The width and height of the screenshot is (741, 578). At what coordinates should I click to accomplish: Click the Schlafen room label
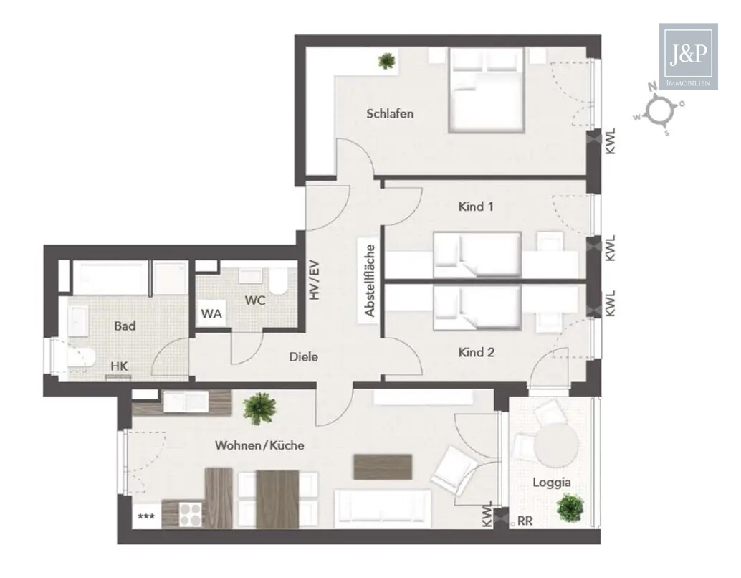[390, 113]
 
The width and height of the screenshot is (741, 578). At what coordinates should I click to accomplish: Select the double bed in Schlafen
[486, 90]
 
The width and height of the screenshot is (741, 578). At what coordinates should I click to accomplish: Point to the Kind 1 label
[476, 207]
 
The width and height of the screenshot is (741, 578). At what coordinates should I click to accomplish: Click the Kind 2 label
[476, 352]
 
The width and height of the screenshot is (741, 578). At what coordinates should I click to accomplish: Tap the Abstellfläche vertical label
[370, 281]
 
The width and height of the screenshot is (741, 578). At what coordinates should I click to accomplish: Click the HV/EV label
[312, 279]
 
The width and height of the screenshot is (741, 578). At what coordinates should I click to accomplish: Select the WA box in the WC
[211, 313]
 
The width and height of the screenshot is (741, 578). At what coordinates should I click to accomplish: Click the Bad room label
[125, 326]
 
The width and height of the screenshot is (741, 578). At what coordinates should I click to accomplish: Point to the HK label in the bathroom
[119, 366]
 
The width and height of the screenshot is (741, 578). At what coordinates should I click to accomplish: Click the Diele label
[303, 356]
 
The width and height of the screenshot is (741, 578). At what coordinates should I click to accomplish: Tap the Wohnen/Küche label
[259, 445]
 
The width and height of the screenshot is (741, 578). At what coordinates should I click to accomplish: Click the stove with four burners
[191, 513]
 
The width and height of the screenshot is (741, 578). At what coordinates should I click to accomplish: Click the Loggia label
[548, 482]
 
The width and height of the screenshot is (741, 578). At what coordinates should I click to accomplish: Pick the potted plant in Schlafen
[387, 61]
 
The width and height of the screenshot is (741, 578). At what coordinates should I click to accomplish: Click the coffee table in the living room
[383, 466]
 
